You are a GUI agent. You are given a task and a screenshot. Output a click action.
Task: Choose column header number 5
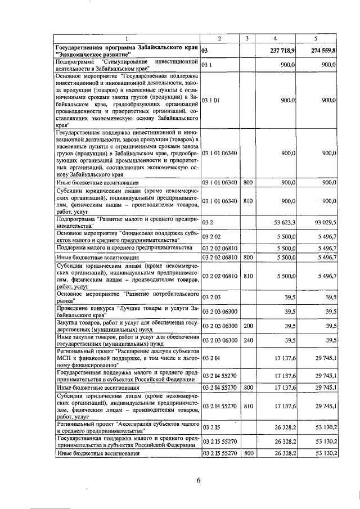[317, 38]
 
